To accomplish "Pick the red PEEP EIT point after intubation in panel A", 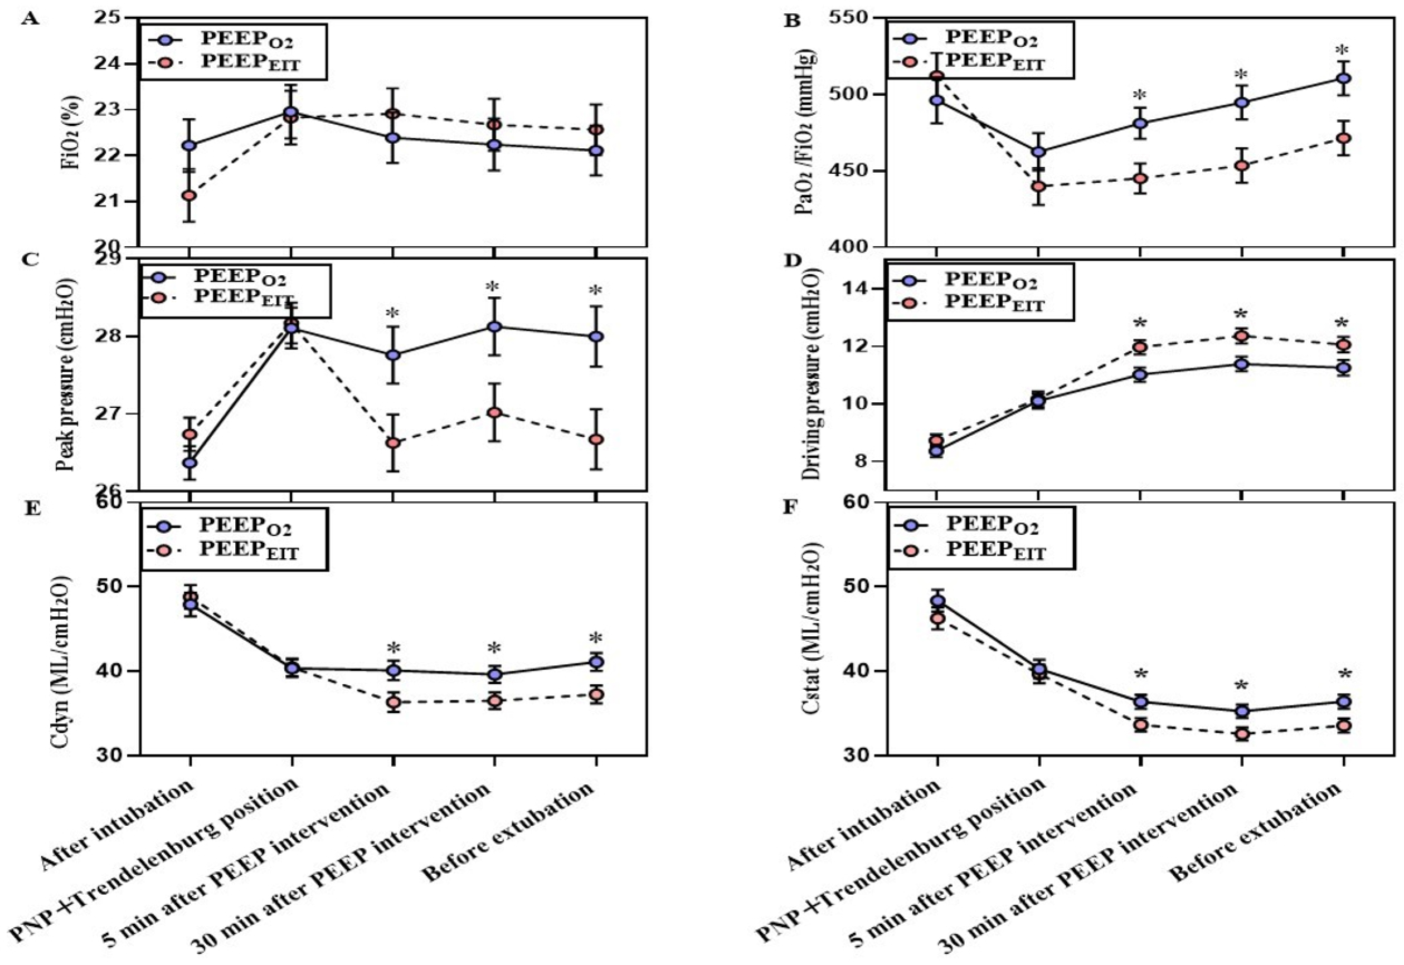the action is tap(190, 196).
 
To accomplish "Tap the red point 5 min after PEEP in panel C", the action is tap(393, 443).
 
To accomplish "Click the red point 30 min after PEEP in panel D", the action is tap(1241, 336).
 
